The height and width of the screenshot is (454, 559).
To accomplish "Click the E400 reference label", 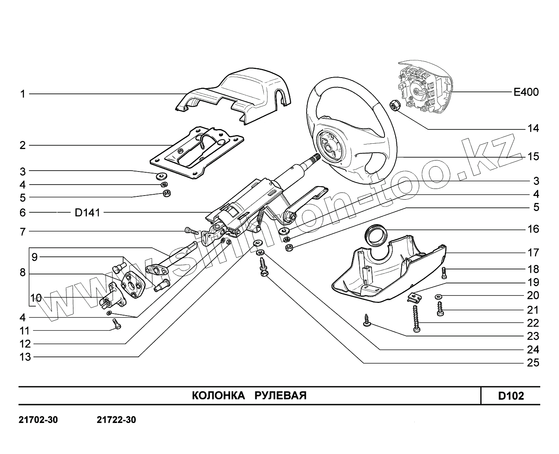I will coord(526,92).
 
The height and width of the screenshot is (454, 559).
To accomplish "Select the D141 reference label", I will coord(87,213).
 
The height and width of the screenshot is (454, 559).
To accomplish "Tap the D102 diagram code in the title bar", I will coord(511,396).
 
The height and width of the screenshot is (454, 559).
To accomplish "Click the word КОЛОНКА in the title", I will coord(218,396).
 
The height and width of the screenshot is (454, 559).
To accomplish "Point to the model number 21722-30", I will coord(116,420).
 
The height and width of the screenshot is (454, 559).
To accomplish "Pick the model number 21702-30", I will coord(38,420).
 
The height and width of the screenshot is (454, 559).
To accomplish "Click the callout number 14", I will coord(533,129).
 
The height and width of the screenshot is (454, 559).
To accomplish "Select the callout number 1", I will coord(23,94).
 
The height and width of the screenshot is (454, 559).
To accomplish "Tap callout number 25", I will coord(533,363).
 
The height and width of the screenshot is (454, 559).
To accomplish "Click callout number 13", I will coord(25,357).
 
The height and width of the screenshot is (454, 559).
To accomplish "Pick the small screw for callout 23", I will coord(366,320).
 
